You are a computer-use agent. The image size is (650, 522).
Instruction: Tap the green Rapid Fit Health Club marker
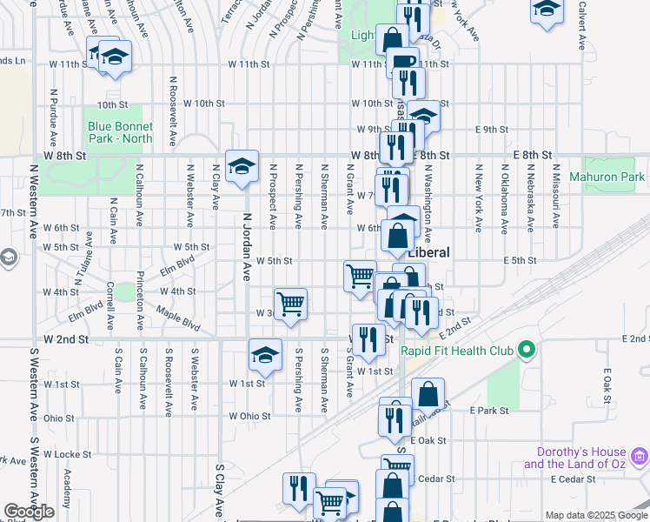coord(525,351)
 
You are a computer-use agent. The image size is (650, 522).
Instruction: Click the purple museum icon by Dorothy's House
coord(639,455)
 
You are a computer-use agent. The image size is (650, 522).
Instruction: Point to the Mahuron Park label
coord(607,177)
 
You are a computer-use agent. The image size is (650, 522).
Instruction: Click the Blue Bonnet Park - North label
coord(120,132)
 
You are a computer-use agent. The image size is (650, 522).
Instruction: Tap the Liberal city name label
coord(429,252)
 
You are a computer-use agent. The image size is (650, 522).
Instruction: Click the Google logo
coord(29,512)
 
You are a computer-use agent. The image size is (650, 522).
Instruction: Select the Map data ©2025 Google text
coord(595,515)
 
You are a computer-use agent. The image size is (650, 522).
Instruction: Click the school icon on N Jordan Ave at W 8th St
coord(242,165)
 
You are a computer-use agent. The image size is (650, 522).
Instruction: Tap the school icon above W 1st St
coord(265,354)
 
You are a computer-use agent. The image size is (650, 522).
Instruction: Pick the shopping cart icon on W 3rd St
coord(290,303)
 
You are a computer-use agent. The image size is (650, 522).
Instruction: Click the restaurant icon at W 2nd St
coord(368,339)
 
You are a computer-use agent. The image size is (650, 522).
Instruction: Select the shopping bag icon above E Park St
coord(428,392)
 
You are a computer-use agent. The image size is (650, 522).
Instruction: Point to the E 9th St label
coord(491,130)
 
